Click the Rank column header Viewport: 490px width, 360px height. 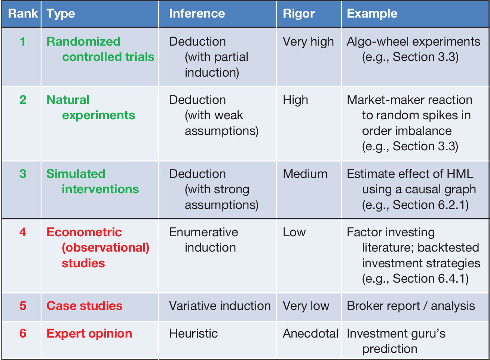click(x=23, y=13)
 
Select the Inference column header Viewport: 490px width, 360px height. click(x=197, y=13)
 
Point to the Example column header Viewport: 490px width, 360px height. click(x=372, y=14)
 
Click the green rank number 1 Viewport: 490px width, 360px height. click(x=23, y=41)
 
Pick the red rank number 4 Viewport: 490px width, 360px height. click(x=23, y=232)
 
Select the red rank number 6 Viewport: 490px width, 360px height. click(x=23, y=333)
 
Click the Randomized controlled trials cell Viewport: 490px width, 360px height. click(x=100, y=49)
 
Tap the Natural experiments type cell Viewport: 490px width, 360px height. click(x=91, y=108)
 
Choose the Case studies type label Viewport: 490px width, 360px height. click(x=85, y=306)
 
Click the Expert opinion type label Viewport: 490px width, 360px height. click(x=89, y=334)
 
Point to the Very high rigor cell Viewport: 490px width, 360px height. click(x=308, y=42)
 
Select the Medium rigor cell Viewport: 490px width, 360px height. click(x=305, y=174)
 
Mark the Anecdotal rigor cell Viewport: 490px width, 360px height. click(x=310, y=333)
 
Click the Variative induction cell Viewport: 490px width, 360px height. click(x=220, y=306)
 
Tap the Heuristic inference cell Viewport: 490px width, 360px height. click(x=193, y=333)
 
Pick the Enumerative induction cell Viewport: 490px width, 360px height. click(x=203, y=240)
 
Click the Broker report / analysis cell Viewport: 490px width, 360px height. click(x=411, y=306)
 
